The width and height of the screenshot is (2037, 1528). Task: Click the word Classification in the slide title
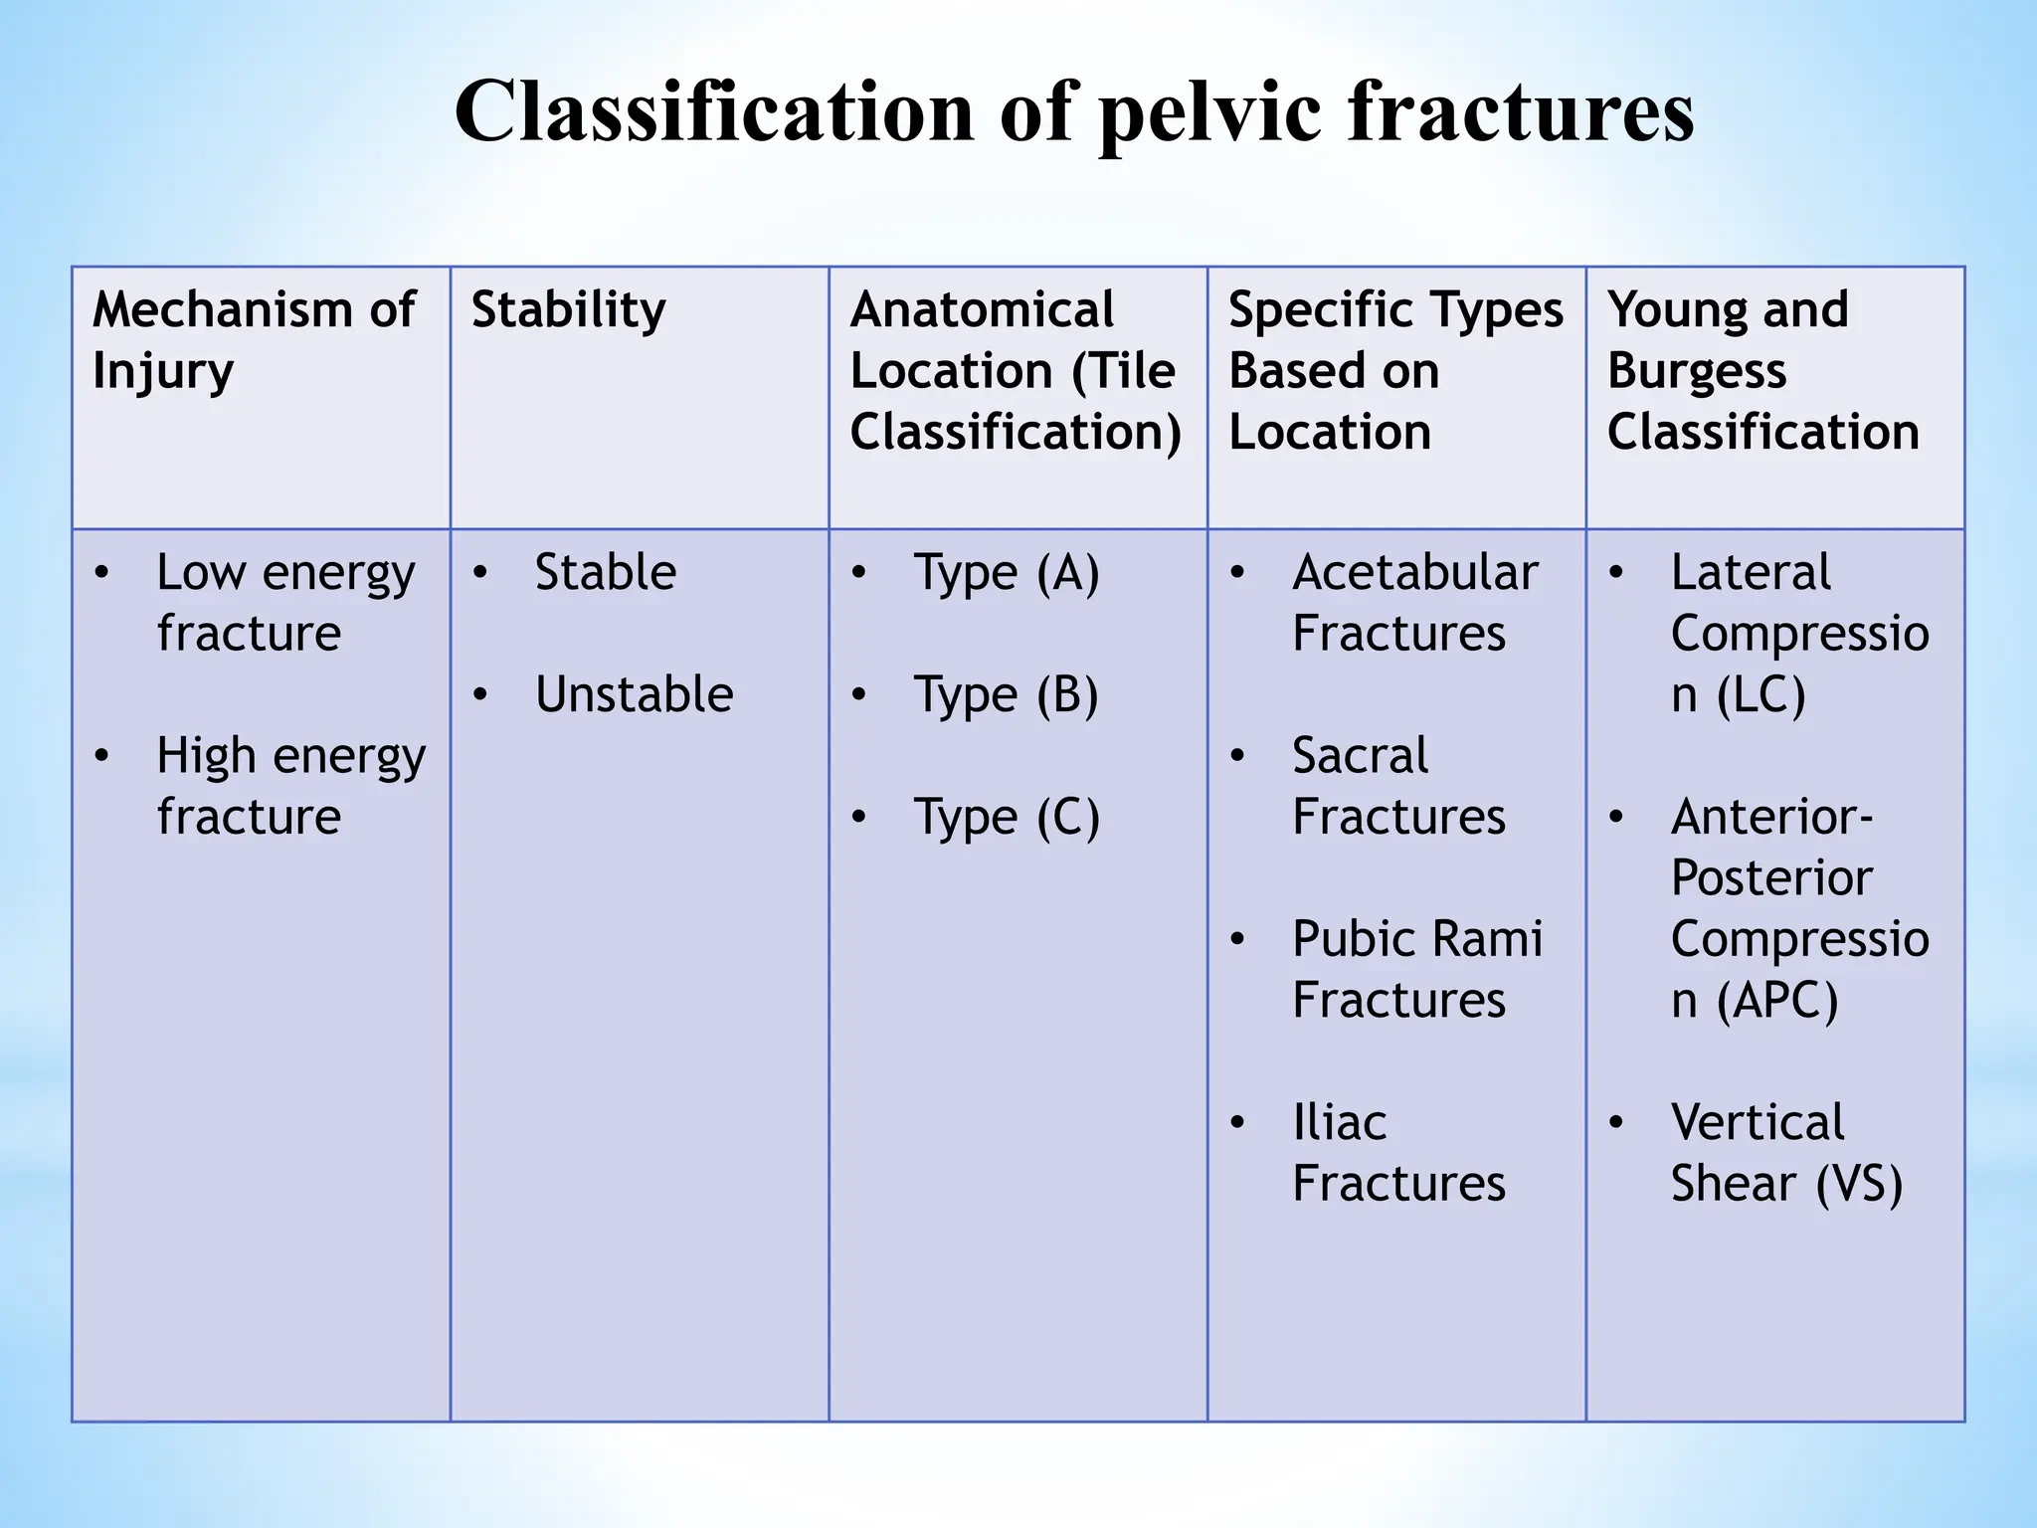tap(715, 111)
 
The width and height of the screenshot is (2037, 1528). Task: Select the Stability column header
tap(568, 309)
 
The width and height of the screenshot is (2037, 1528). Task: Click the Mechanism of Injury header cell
tap(253, 339)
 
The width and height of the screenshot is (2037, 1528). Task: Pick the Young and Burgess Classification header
tap(1761, 370)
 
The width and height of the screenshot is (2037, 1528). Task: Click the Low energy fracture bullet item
tap(284, 602)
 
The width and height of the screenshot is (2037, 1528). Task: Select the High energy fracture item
tap(289, 786)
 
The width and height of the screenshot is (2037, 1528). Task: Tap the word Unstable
tap(634, 694)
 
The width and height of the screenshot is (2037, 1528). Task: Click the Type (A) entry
tap(1007, 573)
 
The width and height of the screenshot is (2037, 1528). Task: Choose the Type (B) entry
tap(1006, 694)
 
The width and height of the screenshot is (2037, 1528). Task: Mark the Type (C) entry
tap(1007, 818)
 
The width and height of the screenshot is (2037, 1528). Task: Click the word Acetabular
tap(1414, 572)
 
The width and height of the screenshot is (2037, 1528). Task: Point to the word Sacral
tap(1360, 756)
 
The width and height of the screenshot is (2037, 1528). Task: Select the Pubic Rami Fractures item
tap(1416, 969)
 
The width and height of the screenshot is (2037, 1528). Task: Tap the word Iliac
tap(1339, 1123)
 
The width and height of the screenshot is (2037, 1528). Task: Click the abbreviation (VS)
tap(1858, 1184)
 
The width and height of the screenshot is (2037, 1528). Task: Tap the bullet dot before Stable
tap(480, 573)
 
